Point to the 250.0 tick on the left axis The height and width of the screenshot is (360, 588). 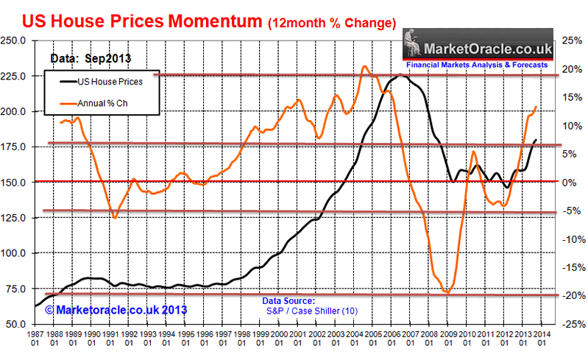(14, 40)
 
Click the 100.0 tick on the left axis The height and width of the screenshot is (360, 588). (14, 253)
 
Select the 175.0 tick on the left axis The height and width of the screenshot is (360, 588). (14, 147)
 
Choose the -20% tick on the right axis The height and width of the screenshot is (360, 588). (571, 295)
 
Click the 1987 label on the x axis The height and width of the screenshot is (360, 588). (36, 340)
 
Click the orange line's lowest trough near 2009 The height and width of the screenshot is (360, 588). (447, 292)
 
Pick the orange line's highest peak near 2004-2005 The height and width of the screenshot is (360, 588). (365, 67)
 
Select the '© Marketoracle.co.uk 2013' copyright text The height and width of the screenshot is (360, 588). (116, 311)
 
